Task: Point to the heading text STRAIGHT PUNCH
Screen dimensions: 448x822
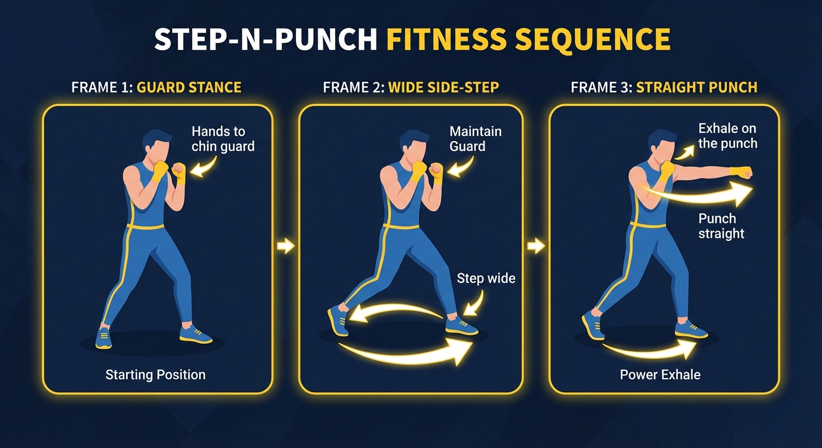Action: click(x=696, y=87)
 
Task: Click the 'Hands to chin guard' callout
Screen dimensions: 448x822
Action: click(x=223, y=139)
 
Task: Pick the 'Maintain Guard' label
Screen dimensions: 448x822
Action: click(x=475, y=139)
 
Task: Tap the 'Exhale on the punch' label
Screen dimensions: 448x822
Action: click(x=727, y=136)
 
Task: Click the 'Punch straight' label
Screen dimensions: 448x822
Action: click(x=721, y=226)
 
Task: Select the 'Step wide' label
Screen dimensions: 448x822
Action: click(x=486, y=278)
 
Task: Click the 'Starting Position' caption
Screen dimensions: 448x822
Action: click(x=155, y=374)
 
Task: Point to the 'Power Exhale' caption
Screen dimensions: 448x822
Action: click(x=660, y=374)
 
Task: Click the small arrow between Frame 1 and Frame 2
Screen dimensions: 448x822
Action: click(x=285, y=246)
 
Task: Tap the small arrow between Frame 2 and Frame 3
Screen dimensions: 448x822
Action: click(x=535, y=246)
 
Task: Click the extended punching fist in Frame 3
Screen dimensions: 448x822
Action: click(x=742, y=173)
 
